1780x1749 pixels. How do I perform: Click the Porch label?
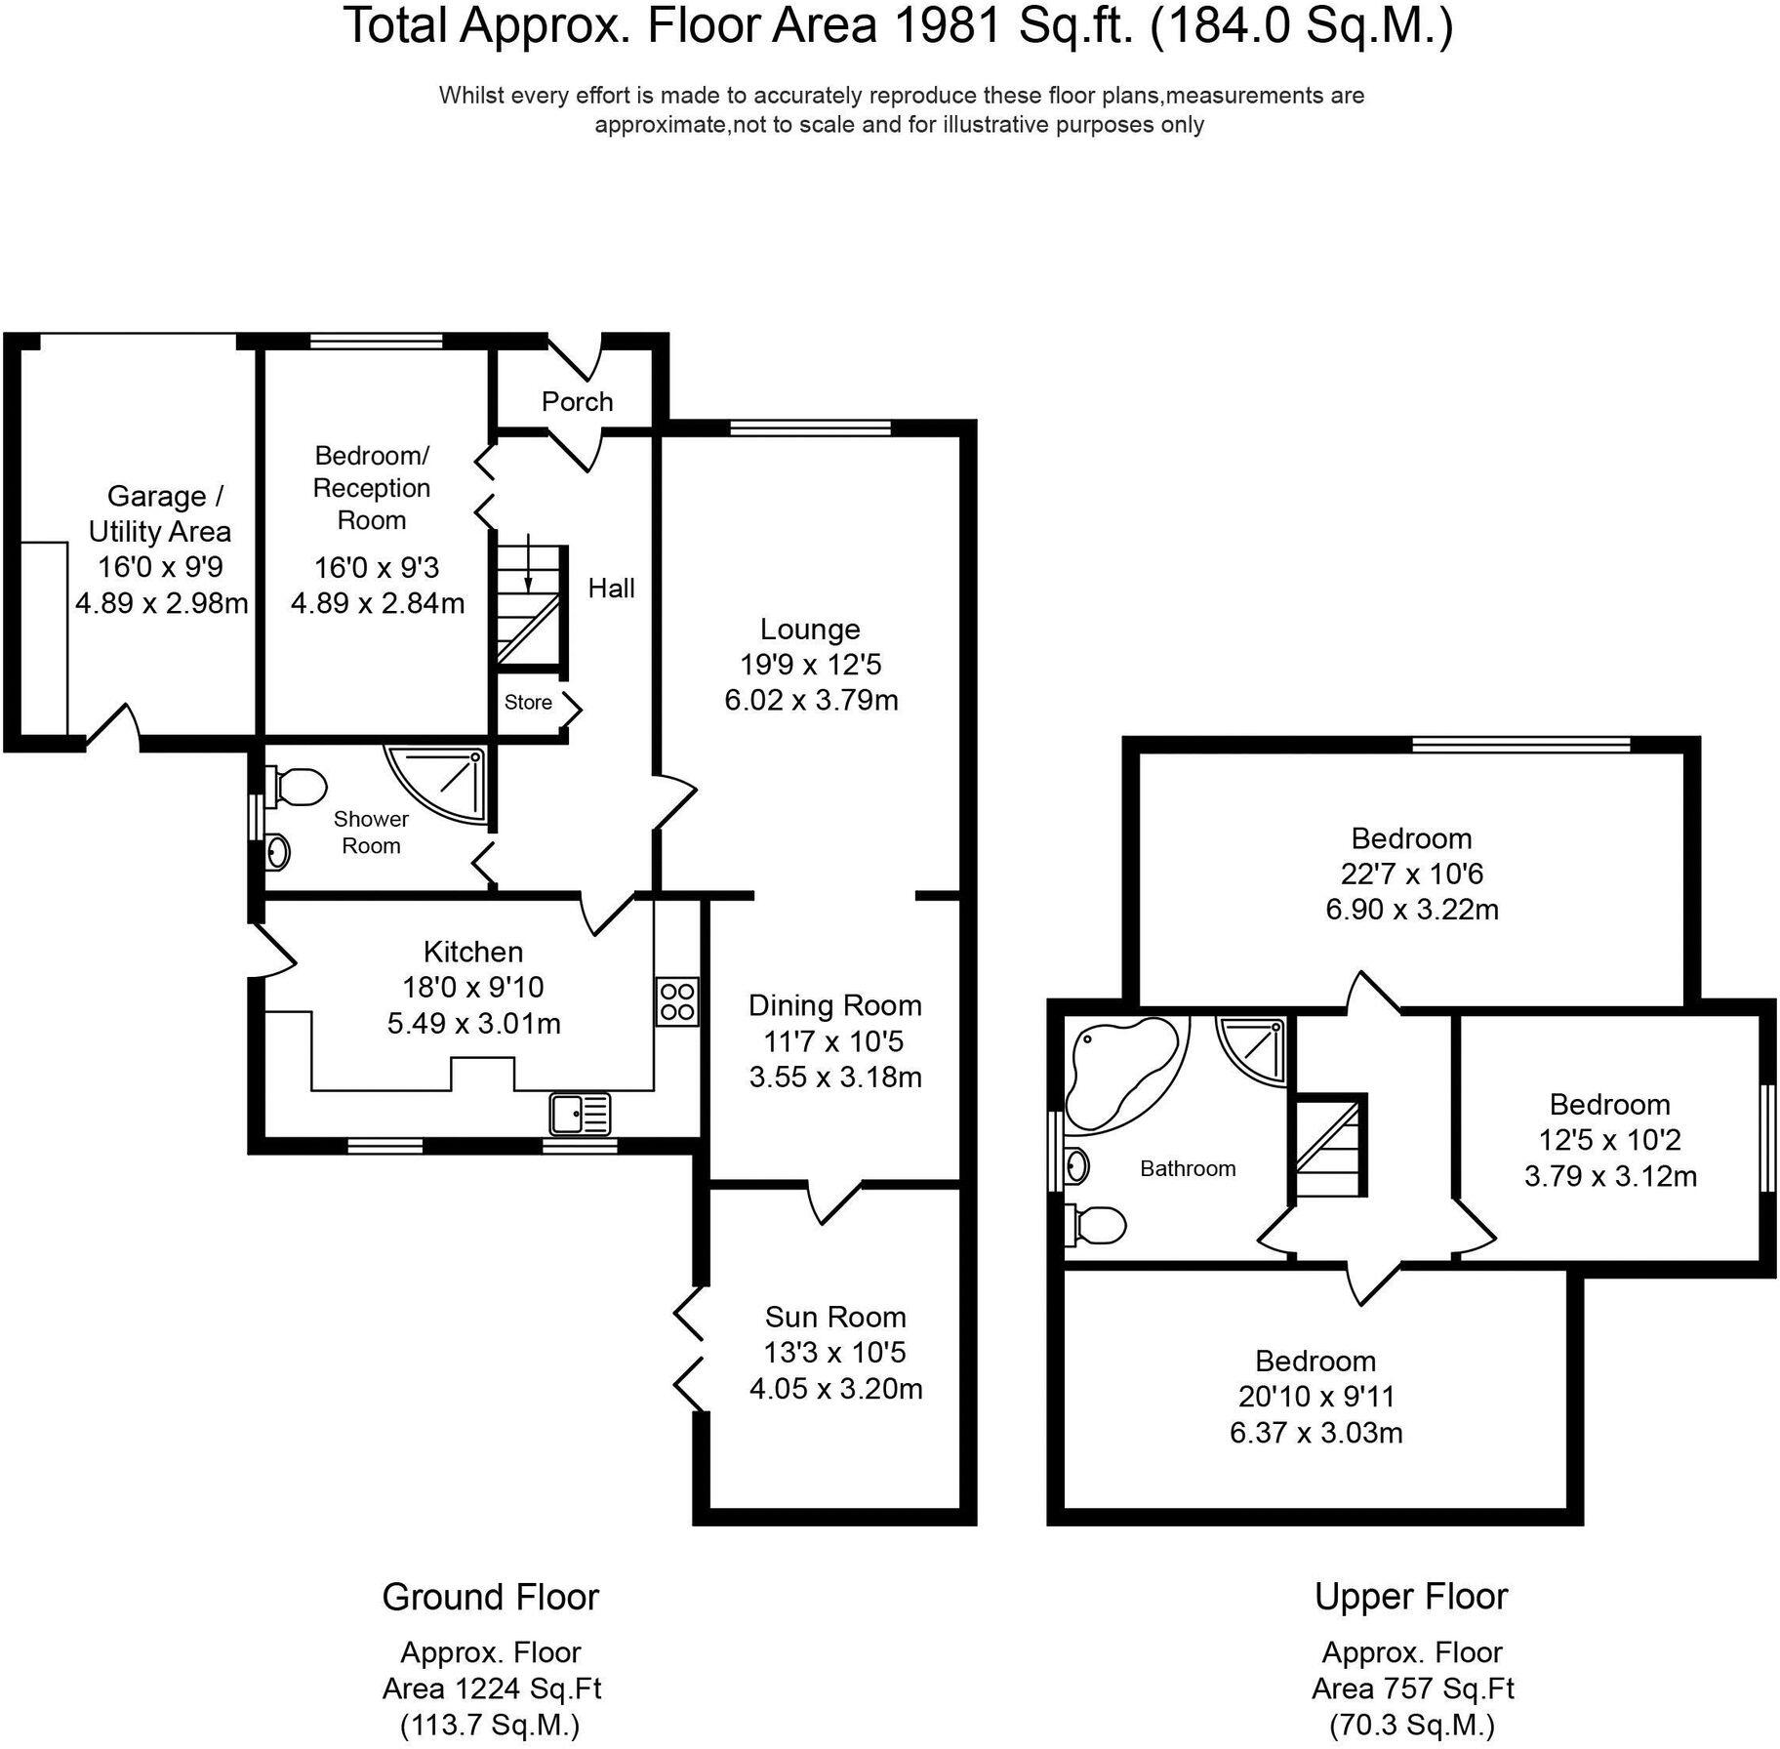(577, 401)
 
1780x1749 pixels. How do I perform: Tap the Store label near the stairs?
(528, 702)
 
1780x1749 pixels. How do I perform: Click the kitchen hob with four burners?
(676, 1000)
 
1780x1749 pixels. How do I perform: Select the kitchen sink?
(581, 1114)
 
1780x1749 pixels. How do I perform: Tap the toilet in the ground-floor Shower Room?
(299, 786)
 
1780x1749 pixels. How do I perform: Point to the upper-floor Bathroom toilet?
(1099, 1225)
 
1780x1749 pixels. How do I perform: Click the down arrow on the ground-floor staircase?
(528, 566)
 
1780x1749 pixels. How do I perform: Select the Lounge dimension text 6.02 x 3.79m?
(811, 700)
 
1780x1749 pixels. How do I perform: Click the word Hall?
(611, 588)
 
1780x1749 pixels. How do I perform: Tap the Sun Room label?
(835, 1317)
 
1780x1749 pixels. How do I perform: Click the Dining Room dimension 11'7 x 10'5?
(833, 1041)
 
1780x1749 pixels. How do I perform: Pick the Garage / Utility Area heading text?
(160, 513)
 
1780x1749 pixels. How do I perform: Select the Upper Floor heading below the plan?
(1410, 1597)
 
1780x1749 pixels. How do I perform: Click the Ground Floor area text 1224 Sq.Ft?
(492, 1688)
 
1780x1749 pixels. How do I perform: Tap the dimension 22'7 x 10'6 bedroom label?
(1411, 874)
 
